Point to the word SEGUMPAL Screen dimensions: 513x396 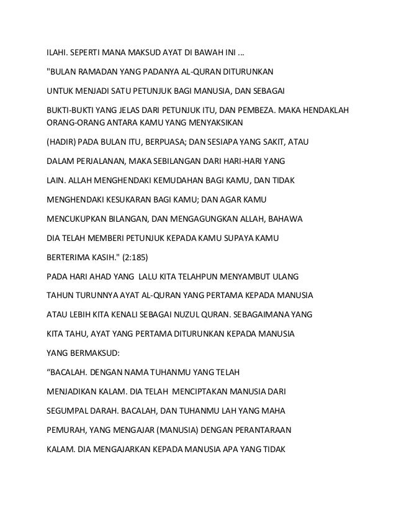click(68, 411)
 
